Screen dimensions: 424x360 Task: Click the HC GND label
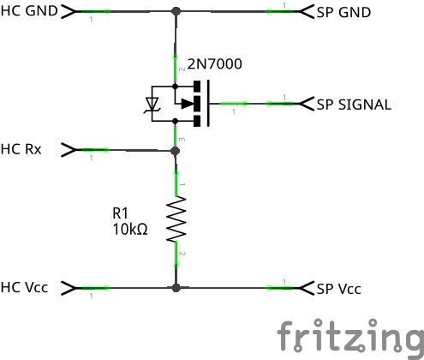click(x=29, y=11)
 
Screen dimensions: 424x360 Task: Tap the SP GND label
click(x=343, y=12)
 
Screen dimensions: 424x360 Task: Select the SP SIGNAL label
click(x=354, y=105)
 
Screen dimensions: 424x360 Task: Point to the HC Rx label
click(x=21, y=149)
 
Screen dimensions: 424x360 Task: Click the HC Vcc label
click(x=24, y=287)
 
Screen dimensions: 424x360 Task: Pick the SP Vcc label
click(x=339, y=289)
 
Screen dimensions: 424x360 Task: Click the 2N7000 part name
click(x=215, y=63)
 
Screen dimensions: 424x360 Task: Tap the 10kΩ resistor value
click(x=130, y=229)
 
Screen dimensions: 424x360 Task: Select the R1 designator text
click(x=120, y=213)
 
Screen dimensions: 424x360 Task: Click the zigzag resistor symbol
click(x=176, y=219)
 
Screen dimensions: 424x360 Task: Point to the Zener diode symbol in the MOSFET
click(x=152, y=104)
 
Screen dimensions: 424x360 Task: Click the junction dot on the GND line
click(x=176, y=11)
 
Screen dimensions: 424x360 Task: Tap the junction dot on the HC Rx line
click(x=176, y=151)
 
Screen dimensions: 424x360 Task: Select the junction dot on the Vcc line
click(x=176, y=288)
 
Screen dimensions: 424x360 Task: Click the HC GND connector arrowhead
click(x=69, y=11)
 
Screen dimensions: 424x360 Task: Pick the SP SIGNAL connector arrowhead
click(x=307, y=104)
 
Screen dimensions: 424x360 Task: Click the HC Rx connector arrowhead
click(x=69, y=150)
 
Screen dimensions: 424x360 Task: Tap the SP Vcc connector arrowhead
click(x=307, y=288)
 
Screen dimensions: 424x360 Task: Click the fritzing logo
click(x=350, y=339)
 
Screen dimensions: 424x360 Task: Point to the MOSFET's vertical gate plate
click(x=208, y=103)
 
